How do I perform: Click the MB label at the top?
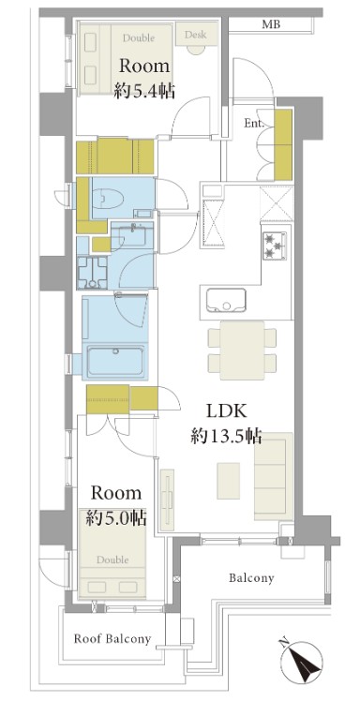click(x=271, y=24)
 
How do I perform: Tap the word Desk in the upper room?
click(x=195, y=34)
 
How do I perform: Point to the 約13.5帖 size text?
click(x=226, y=436)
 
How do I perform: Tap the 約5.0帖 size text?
click(x=116, y=517)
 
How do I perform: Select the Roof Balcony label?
click(x=112, y=639)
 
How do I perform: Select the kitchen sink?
click(x=225, y=300)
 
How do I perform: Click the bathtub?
click(x=115, y=361)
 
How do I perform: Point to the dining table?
click(x=243, y=350)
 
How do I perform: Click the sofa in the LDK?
click(x=273, y=476)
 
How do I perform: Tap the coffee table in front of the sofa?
click(x=229, y=481)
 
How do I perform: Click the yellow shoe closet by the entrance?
click(x=282, y=144)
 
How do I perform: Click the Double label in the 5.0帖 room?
click(x=112, y=559)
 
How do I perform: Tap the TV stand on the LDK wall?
click(x=167, y=500)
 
